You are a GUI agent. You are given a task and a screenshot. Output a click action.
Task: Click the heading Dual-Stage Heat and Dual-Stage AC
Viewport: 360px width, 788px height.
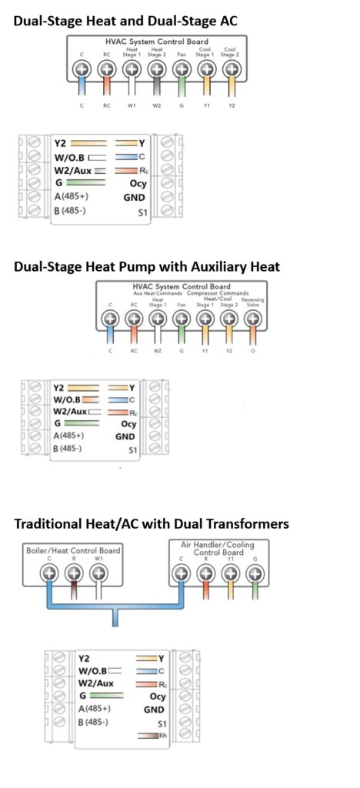125,21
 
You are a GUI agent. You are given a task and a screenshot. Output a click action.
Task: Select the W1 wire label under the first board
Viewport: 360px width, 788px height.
132,106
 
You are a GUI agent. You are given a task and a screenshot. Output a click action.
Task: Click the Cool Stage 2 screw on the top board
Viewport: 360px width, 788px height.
231,68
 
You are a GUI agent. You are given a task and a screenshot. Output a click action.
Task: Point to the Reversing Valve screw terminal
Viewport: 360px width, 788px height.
252,319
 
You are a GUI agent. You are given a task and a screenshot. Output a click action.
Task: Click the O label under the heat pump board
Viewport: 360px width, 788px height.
252,351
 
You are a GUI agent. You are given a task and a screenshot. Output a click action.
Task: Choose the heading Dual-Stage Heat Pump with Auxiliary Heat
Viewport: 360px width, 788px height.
147,266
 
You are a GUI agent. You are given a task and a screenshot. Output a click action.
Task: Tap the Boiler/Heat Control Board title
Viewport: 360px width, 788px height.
73,550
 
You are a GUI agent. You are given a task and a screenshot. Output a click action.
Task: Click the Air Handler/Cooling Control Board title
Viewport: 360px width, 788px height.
218,548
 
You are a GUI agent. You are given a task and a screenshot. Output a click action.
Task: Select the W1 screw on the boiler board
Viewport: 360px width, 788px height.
99,573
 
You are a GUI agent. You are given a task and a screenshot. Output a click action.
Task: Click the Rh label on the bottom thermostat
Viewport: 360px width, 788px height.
162,736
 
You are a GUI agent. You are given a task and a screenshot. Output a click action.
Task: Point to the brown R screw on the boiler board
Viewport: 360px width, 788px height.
74,573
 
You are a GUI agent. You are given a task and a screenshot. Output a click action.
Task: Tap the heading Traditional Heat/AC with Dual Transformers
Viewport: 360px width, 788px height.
152,523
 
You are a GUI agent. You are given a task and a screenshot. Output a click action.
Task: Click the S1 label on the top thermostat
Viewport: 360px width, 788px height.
143,213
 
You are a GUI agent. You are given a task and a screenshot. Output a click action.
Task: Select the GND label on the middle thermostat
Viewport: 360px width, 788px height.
125,437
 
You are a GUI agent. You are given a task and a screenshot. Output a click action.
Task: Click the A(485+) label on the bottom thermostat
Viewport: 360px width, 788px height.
95,709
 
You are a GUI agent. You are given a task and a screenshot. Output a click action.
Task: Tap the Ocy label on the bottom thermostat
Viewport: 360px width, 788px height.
157,697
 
